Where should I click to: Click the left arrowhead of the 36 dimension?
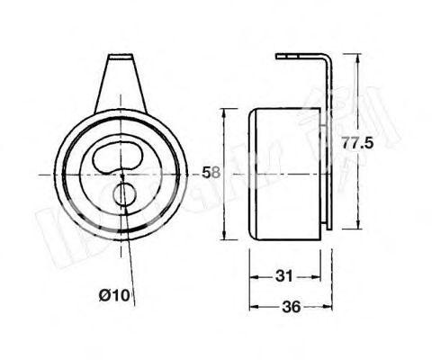(252, 306)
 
